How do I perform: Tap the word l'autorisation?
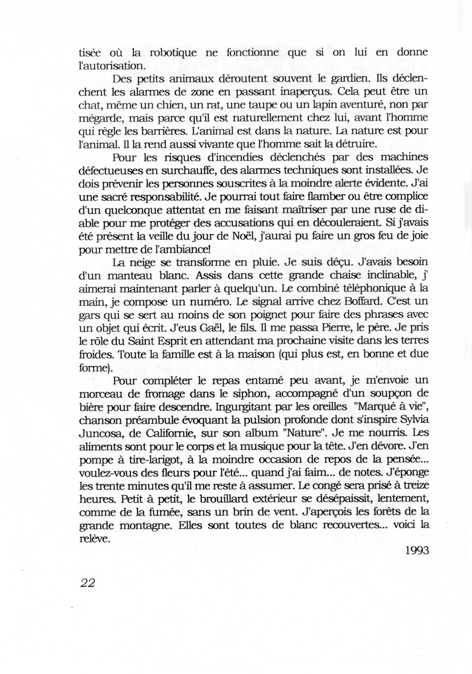click(106, 65)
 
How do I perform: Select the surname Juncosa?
click(99, 434)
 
